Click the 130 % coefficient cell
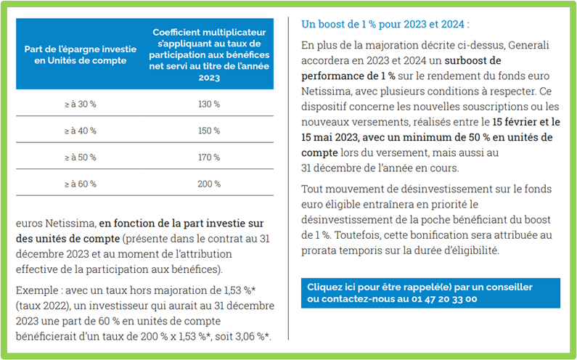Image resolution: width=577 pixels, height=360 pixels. (209, 105)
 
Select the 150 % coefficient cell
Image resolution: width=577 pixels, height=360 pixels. (209, 131)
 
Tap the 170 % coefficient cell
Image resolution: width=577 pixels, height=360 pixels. (209, 157)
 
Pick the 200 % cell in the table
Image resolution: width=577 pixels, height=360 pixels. (209, 184)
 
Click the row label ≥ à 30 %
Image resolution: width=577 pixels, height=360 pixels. (81, 105)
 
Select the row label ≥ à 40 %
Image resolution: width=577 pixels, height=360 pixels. (81, 131)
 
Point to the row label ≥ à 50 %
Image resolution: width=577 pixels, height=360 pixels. (81, 157)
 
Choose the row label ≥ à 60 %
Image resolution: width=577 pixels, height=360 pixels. (81, 184)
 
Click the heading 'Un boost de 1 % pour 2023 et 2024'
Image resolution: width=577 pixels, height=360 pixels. (385, 24)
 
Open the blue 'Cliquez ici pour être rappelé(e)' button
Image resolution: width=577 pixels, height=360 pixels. (430, 293)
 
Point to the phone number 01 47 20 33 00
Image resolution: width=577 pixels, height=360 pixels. (444, 299)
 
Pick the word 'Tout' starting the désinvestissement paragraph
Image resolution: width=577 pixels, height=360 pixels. (312, 189)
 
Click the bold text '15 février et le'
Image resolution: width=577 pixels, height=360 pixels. (526, 122)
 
